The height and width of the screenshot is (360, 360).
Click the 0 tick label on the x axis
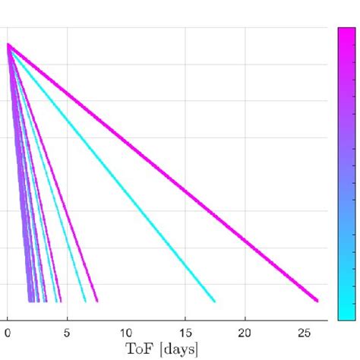tap(8, 332)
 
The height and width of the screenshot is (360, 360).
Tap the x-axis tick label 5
tap(67, 332)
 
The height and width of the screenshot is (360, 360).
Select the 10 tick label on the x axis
tap(126, 332)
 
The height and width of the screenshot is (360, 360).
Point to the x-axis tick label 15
tap(185, 332)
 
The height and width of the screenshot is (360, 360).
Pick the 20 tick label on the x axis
tap(245, 332)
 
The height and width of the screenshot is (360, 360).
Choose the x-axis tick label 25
tap(304, 332)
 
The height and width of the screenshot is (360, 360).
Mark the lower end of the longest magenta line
tap(316, 300)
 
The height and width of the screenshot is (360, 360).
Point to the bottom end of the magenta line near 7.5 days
tap(96, 301)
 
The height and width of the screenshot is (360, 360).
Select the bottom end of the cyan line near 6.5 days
tap(84, 301)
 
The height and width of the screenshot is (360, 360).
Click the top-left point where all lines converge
tap(8, 45)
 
